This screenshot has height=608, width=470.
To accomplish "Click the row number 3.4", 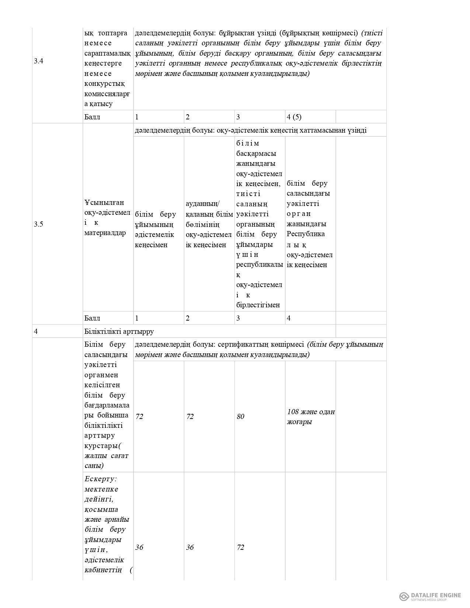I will (38, 61).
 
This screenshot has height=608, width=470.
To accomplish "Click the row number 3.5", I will (38, 224).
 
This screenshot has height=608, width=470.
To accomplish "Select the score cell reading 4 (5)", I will (294, 117).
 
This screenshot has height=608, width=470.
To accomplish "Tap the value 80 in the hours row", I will (240, 417).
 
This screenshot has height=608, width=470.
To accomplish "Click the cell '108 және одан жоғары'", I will (310, 417).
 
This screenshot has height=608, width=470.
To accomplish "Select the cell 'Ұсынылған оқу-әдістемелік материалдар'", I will (107, 217).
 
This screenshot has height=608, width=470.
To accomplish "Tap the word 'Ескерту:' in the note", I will (101, 479).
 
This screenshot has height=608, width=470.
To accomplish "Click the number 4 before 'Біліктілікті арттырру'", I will (36, 331).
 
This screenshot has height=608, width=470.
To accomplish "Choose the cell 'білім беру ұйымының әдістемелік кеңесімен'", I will (156, 229).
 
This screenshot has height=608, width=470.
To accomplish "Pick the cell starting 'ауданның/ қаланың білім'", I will (209, 224).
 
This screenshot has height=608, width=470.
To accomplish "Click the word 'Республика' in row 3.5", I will (306, 234).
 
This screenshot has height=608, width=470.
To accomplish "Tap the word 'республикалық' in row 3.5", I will (260, 265).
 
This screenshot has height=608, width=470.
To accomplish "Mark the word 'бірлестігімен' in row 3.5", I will (258, 305).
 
